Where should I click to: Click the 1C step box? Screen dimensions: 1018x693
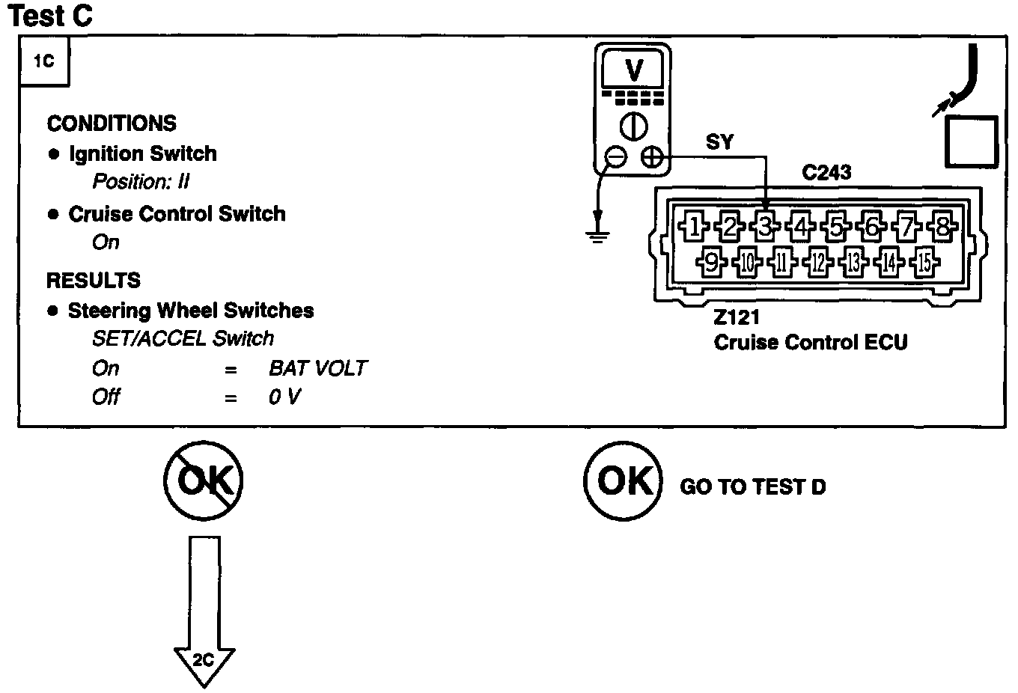(45, 61)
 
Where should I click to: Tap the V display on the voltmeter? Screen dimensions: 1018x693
(633, 70)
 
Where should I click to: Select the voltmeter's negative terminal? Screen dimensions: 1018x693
(616, 158)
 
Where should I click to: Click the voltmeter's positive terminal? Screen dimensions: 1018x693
(652, 158)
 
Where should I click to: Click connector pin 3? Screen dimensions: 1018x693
(765, 226)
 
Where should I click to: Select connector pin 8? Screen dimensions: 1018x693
(942, 226)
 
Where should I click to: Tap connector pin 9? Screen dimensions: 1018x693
(711, 262)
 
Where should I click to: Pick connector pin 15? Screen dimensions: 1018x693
(924, 262)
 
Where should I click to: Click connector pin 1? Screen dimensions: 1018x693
(693, 226)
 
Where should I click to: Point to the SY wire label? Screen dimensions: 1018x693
(719, 142)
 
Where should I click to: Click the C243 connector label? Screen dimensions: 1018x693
(826, 173)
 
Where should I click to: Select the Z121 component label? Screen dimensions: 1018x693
(737, 317)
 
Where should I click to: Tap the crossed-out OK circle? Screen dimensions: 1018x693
(203, 480)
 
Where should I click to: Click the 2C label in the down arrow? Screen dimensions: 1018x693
(203, 660)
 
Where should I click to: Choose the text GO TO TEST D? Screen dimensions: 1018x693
(752, 486)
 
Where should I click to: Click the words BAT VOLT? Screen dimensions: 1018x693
(318, 368)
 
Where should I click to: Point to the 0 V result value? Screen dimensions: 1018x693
(284, 397)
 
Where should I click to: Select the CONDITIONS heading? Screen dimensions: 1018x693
(112, 123)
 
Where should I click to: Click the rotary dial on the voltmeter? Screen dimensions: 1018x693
(633, 126)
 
